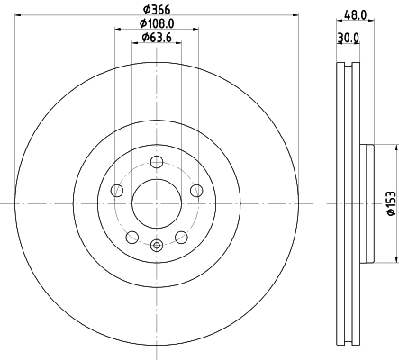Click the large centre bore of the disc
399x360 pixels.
click(158, 203)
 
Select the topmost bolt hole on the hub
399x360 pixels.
click(158, 162)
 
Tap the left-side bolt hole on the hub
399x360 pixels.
click(117, 191)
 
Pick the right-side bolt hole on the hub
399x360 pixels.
click(197, 190)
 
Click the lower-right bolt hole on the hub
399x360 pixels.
click(182, 237)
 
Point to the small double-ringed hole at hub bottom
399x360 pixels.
click(158, 245)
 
